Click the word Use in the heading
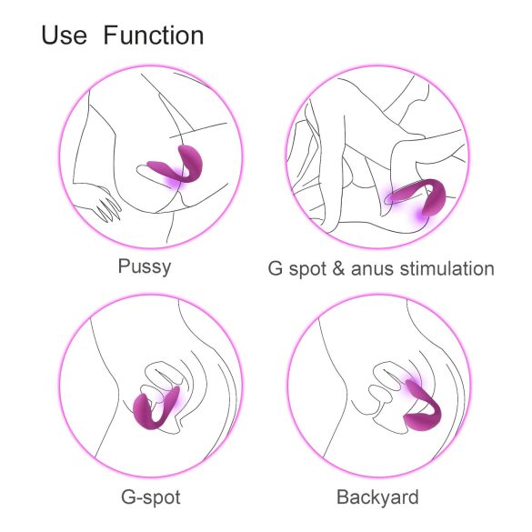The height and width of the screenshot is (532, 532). click(x=65, y=35)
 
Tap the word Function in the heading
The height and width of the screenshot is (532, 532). click(x=153, y=35)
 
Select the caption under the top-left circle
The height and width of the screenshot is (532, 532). click(x=146, y=267)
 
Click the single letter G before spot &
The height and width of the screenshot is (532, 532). click(x=275, y=268)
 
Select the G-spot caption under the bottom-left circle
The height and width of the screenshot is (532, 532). click(x=150, y=497)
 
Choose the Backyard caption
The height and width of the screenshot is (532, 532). click(x=377, y=497)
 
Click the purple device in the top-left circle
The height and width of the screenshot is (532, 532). click(x=181, y=166)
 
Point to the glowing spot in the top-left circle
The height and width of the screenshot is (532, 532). click(x=172, y=185)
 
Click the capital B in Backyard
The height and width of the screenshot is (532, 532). click(x=343, y=497)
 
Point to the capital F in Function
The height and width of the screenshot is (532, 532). click(x=110, y=35)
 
